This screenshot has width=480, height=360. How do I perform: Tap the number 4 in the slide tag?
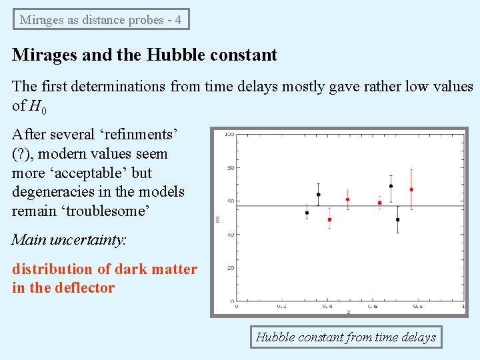coord(178,19)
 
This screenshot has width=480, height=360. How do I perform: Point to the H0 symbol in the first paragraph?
coord(37,106)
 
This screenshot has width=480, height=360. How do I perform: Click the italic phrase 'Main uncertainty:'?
coord(69,240)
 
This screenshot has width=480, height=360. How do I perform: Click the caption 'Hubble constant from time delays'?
coord(345,337)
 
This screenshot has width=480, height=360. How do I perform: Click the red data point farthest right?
coord(411,190)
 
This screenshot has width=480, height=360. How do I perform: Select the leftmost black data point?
coord(307,213)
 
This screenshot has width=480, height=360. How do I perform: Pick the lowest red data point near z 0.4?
coord(329,219)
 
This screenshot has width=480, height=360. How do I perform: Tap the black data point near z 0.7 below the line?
coord(397,219)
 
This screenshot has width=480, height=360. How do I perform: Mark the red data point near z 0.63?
coord(379,203)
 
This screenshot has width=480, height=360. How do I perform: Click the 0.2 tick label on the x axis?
coord(282,307)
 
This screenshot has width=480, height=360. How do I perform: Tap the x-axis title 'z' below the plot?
coord(347,312)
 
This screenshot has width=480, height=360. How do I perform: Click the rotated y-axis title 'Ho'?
coord(218,218)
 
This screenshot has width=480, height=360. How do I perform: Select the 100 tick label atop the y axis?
coord(229,135)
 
